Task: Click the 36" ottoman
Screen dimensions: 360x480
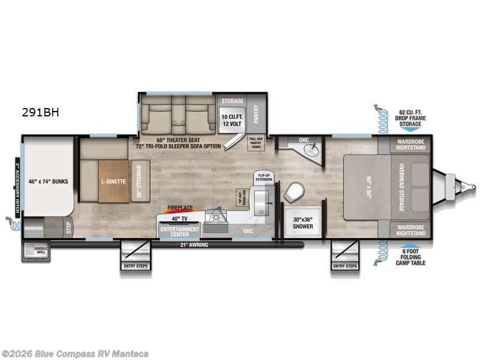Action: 140,181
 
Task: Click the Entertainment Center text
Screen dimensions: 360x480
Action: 179,232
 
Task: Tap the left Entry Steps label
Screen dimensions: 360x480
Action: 134,265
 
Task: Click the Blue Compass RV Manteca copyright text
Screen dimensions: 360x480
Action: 75,354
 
